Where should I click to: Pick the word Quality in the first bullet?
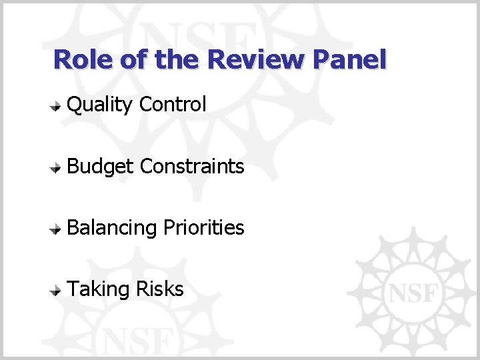(101, 105)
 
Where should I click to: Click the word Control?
(173, 105)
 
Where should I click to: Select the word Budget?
(101, 167)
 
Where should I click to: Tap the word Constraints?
(193, 166)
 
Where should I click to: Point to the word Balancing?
(112, 228)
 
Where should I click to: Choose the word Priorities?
(203, 228)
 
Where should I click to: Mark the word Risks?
(159, 289)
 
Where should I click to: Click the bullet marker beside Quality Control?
(58, 105)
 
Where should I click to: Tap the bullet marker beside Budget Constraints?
(58, 167)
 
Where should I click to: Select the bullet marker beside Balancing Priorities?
(58, 229)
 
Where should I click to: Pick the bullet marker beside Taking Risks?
(58, 290)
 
